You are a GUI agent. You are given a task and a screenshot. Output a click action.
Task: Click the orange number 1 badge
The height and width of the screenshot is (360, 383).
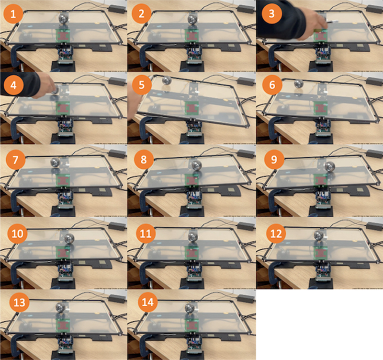pyautogui.click(x=13, y=14)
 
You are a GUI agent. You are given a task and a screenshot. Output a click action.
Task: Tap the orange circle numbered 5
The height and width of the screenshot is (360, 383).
pyautogui.click(x=141, y=85)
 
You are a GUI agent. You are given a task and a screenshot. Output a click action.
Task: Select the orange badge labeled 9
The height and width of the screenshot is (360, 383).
pyautogui.click(x=274, y=160)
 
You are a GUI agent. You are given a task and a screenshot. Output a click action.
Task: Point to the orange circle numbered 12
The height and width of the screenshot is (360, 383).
pyautogui.click(x=276, y=233)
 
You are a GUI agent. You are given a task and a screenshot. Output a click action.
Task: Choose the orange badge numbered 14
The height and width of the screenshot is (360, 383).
pyautogui.click(x=148, y=302)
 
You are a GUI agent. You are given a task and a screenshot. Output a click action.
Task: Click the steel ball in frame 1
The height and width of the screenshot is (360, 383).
pyautogui.click(x=64, y=18)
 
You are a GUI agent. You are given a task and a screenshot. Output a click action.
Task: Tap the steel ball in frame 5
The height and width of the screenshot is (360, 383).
pyautogui.click(x=167, y=81)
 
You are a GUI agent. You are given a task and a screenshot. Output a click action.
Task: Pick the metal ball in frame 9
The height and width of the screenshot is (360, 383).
pyautogui.click(x=330, y=166)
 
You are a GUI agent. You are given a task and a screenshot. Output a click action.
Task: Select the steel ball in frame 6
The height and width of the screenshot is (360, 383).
pyautogui.click(x=299, y=83)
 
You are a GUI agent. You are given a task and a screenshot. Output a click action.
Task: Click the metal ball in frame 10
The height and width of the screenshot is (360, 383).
pyautogui.click(x=69, y=238)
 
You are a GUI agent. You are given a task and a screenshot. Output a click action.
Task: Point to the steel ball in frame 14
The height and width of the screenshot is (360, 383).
pyautogui.click(x=190, y=308)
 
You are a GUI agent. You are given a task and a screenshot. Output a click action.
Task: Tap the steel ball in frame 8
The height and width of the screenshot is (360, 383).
pyautogui.click(x=196, y=165)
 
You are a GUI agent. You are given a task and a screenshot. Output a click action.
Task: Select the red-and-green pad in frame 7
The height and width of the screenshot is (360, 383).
pyautogui.click(x=63, y=181)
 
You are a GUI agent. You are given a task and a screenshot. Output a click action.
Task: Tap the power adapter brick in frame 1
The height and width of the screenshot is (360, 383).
pyautogui.click(x=117, y=9)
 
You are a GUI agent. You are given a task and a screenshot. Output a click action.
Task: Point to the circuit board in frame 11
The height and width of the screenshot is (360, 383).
pyautogui.click(x=194, y=271)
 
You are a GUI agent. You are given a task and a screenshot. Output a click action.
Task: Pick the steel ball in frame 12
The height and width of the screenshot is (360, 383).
pyautogui.click(x=319, y=235)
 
